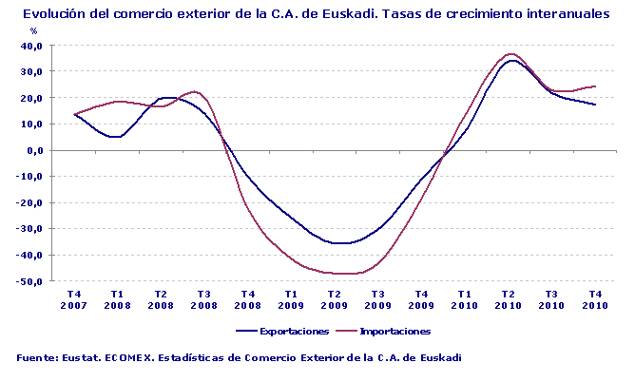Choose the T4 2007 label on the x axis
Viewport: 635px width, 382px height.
(73, 299)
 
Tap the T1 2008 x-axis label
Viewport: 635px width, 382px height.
(117, 299)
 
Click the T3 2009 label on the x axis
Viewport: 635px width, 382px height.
(377, 299)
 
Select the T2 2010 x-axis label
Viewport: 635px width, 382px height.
(508, 299)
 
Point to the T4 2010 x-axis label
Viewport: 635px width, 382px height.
(594, 299)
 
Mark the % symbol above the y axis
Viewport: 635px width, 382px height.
(34, 31)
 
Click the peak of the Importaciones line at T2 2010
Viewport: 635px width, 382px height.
(511, 54)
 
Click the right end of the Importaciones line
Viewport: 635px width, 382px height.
(595, 86)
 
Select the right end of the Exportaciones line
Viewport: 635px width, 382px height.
(595, 105)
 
